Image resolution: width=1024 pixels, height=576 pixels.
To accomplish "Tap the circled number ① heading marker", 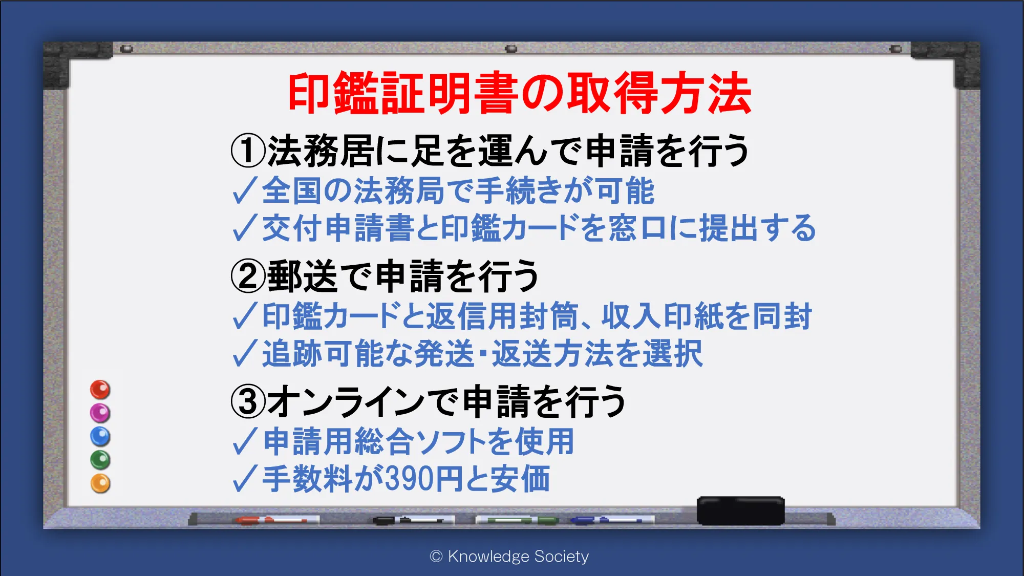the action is click(248, 151).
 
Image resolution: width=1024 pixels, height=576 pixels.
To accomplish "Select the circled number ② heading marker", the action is click(248, 276).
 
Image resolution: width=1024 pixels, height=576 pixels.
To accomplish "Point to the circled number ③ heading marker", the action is click(248, 401).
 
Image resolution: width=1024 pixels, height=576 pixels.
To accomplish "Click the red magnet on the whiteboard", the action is click(100, 390).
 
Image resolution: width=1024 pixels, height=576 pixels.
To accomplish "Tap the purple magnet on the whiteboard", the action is click(100, 413).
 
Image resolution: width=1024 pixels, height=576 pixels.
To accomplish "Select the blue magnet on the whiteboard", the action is click(100, 437).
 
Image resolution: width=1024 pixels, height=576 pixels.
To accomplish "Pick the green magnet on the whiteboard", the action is click(100, 460).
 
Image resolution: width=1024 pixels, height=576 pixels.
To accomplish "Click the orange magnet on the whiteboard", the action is click(100, 483).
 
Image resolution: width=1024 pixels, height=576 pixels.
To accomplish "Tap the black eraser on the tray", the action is click(740, 510).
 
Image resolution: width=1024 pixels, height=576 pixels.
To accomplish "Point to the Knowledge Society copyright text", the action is click(509, 556).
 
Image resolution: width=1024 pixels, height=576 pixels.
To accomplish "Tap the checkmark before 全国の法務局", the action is click(244, 191).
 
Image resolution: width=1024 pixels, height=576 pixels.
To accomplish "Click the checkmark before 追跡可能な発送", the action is click(244, 353).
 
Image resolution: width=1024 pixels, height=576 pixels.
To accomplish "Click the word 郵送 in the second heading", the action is click(302, 276).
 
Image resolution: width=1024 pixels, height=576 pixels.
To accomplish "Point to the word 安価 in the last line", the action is click(520, 479).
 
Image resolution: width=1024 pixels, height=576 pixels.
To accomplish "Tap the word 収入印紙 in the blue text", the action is click(662, 316).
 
